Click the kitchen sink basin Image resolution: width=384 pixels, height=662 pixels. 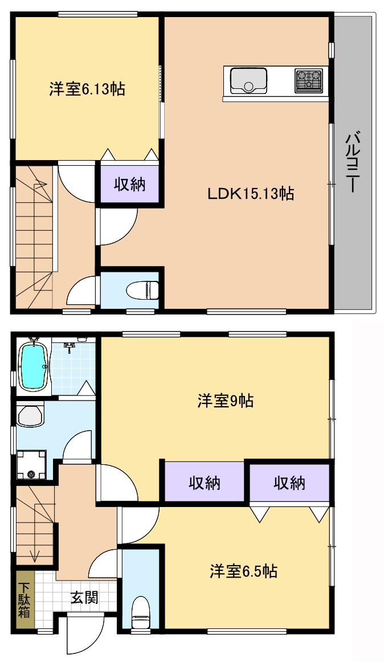[248, 80]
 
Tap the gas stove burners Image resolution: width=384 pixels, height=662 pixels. [308, 80]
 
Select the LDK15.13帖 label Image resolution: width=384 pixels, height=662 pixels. [251, 194]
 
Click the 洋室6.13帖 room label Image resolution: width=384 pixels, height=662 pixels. [87, 89]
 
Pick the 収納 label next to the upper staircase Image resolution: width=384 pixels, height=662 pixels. [129, 184]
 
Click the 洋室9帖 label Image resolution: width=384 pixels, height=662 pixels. [225, 401]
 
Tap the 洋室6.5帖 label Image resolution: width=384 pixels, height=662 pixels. [243, 571]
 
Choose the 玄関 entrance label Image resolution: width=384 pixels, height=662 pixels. [84, 598]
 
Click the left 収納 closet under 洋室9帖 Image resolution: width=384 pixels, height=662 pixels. [204, 482]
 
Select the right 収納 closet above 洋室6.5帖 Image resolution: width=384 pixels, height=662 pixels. [289, 482]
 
